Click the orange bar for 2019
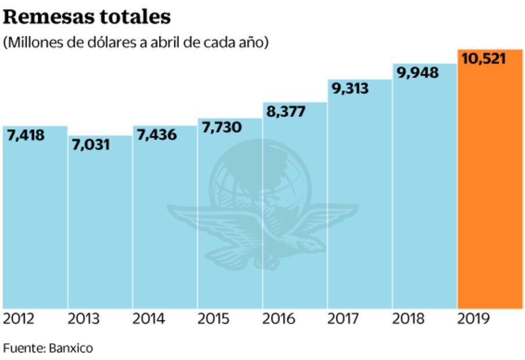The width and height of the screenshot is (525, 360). (490, 186)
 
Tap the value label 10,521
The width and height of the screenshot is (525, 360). (483, 59)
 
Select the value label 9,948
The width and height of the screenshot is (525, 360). (418, 73)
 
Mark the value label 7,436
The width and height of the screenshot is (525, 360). (157, 135)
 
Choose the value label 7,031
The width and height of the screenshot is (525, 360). (91, 145)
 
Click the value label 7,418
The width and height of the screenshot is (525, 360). (26, 135)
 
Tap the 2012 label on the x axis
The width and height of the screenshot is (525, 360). (19, 319)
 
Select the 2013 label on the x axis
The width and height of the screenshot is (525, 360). (84, 319)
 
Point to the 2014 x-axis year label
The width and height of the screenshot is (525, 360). (149, 319)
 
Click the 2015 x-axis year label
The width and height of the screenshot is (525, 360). (214, 319)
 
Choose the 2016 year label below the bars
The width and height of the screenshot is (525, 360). (279, 319)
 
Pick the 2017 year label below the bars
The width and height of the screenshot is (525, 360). (344, 319)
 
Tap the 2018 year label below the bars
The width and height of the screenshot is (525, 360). (408, 319)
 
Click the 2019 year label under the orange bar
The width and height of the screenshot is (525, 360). (474, 319)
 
